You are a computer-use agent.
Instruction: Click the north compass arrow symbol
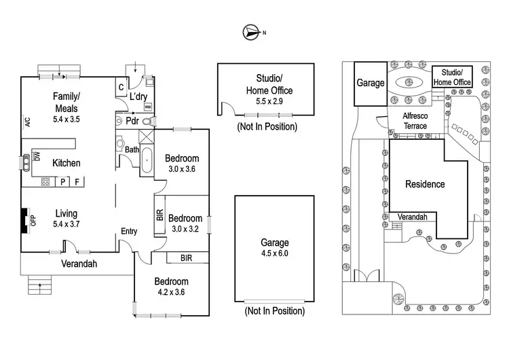coord(252,31)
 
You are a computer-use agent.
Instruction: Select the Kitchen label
coord(67,163)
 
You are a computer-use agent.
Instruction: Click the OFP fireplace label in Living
coord(31,220)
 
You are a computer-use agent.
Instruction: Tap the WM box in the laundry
coord(147,107)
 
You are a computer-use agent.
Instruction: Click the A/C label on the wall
coord(28,123)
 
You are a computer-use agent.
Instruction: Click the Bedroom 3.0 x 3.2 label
coord(185,223)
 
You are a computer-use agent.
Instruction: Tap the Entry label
coord(129,232)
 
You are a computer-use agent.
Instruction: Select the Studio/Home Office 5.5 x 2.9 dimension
coord(265,101)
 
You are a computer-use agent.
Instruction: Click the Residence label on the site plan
coord(425,184)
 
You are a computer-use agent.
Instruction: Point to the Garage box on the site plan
coord(370,84)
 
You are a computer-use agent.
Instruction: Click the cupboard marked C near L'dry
coord(121,86)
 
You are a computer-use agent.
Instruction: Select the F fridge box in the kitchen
coord(77,181)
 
